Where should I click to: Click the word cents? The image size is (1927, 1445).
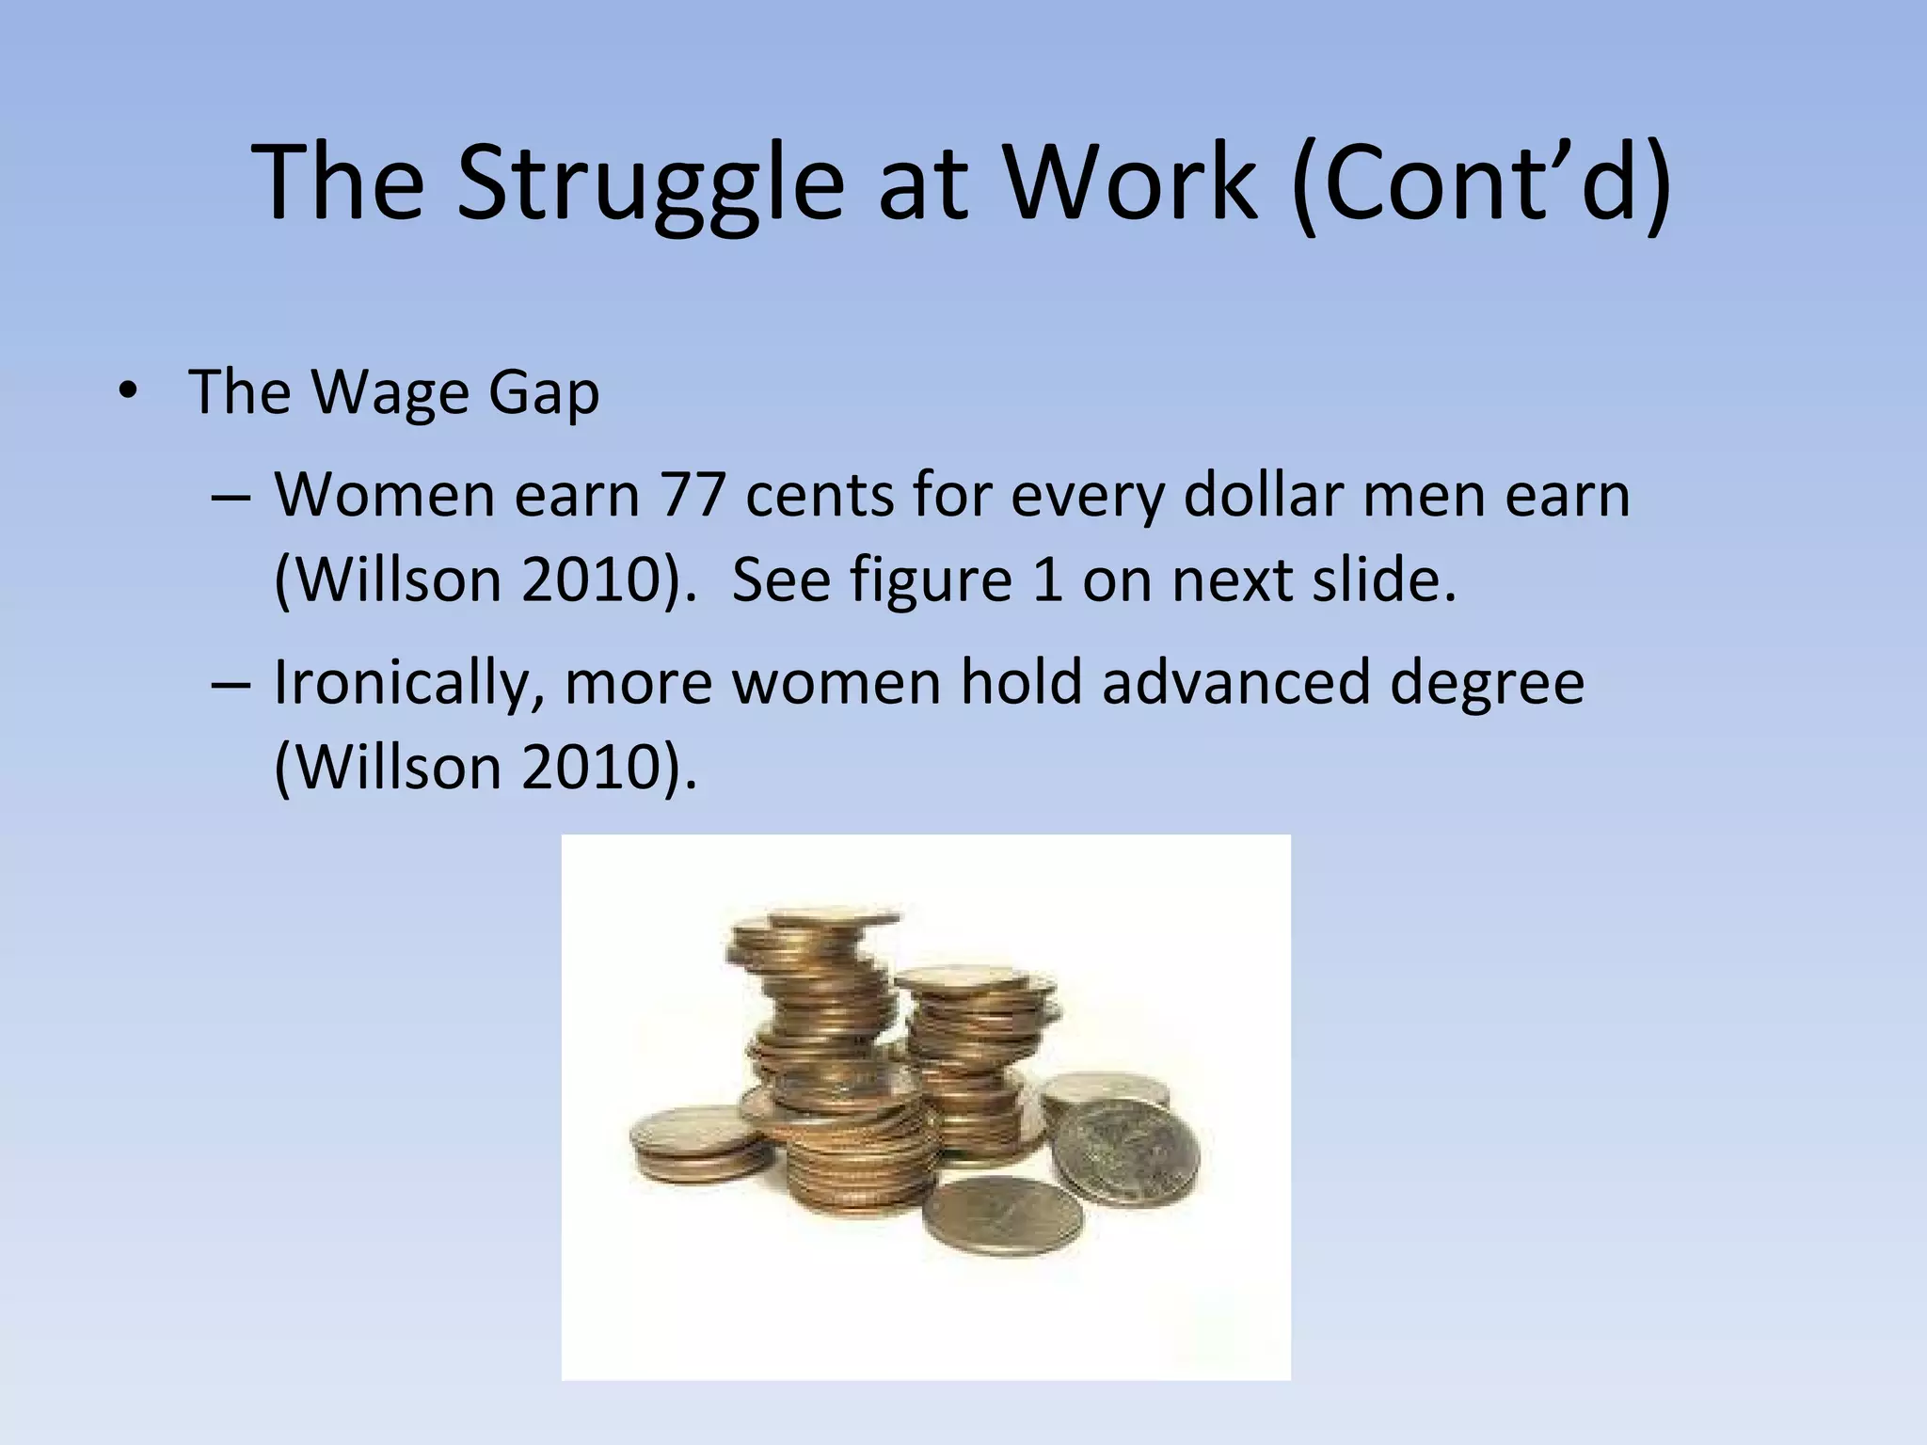[x=819, y=497]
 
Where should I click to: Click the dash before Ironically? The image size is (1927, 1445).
[x=231, y=683]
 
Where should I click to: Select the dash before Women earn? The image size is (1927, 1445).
[x=231, y=497]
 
